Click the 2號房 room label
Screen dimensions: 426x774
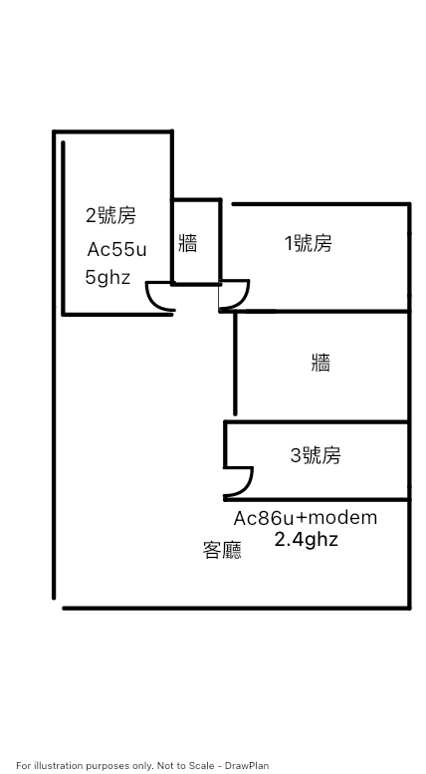pyautogui.click(x=110, y=216)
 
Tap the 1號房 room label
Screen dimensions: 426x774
pyautogui.click(x=309, y=243)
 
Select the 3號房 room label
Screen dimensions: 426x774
pyautogui.click(x=316, y=455)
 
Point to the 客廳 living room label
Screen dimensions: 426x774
pyautogui.click(x=222, y=550)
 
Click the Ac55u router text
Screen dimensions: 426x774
pyautogui.click(x=116, y=250)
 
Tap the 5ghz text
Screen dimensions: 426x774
pyautogui.click(x=107, y=277)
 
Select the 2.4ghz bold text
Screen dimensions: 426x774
pyautogui.click(x=307, y=540)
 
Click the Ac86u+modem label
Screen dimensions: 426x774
pyautogui.click(x=306, y=518)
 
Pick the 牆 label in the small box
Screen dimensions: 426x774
pyautogui.click(x=188, y=243)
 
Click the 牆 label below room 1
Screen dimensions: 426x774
pyautogui.click(x=320, y=363)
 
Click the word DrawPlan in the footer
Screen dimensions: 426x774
pyautogui.click(x=247, y=766)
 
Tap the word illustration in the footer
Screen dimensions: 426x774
pyautogui.click(x=53, y=766)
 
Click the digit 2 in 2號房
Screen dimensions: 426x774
pyautogui.click(x=92, y=216)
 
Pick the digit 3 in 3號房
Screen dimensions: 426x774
pyautogui.click(x=296, y=455)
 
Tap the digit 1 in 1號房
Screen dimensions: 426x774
pyautogui.click(x=289, y=244)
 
